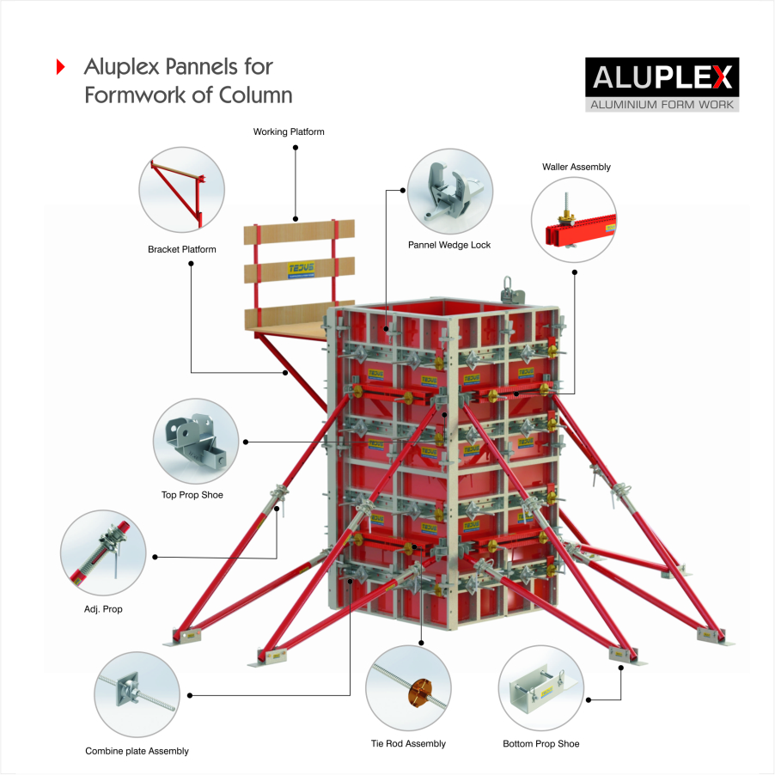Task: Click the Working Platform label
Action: point(289,132)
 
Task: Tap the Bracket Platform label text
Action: point(182,250)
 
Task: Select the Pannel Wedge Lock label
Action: point(449,245)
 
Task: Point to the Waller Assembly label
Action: point(577,167)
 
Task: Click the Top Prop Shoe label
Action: point(192,495)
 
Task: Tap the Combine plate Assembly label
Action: point(137,751)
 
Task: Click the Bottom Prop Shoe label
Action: point(541,743)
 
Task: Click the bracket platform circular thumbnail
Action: point(182,189)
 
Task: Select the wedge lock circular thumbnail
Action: point(449,192)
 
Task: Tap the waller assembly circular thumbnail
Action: point(574,220)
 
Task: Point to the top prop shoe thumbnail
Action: point(195,441)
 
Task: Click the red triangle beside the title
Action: point(61,67)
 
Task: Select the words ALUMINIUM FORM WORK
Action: point(661,105)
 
